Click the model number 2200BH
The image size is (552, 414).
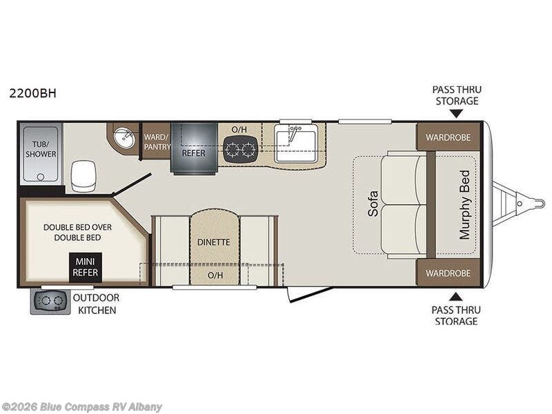point(32,93)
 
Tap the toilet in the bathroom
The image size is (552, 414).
point(83,176)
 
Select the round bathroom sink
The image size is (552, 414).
point(124,139)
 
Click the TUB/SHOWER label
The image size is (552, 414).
point(41,149)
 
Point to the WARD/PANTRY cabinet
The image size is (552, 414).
point(157,141)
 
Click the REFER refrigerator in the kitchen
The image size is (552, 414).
point(194,148)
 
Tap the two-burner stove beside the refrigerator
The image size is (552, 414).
point(240,150)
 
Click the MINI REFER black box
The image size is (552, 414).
point(86,267)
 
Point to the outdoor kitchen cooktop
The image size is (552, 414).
point(50,302)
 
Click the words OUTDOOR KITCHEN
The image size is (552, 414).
point(97,304)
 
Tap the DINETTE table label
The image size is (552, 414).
point(214,242)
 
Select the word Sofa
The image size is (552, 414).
point(373,204)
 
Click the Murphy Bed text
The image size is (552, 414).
point(464,205)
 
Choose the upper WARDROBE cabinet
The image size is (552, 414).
point(448,137)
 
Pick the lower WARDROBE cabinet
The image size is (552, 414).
point(448,273)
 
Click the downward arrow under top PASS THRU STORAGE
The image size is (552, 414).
point(457,113)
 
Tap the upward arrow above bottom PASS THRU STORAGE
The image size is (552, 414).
point(456,297)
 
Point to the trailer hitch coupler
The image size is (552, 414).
point(531,204)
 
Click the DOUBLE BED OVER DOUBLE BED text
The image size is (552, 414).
point(77,233)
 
